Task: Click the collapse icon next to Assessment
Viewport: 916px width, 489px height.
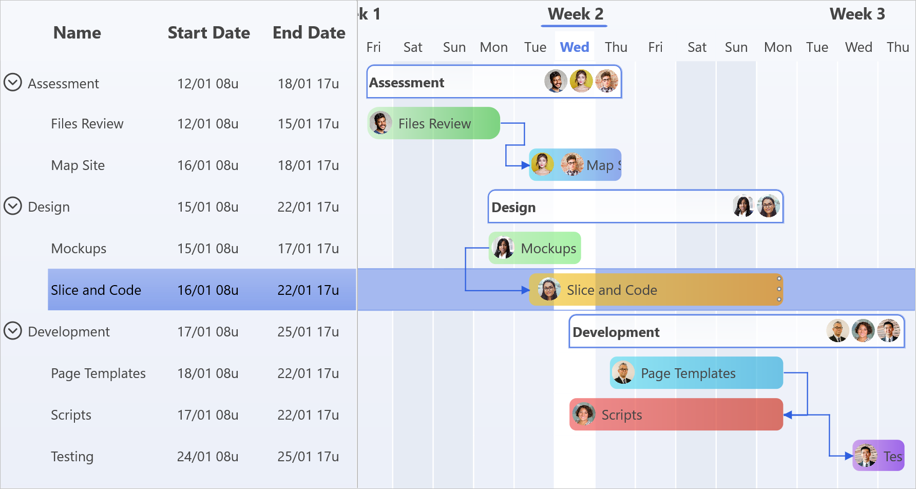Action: (13, 82)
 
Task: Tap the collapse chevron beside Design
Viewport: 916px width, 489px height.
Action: (13, 206)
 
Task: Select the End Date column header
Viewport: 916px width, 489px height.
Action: (309, 33)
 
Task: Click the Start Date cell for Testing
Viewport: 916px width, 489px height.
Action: (207, 457)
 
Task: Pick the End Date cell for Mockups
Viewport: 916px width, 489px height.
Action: (308, 249)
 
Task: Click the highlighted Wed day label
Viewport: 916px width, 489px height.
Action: (574, 47)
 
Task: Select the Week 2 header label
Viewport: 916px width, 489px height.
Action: (575, 14)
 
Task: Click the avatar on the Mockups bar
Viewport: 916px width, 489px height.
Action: (503, 248)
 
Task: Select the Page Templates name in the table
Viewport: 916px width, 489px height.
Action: (98, 373)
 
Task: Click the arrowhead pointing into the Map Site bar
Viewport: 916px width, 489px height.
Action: (525, 165)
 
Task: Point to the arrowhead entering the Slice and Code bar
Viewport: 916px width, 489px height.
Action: (525, 290)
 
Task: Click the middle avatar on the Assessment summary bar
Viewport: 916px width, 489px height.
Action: (581, 81)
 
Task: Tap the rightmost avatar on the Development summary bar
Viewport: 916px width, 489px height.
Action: (888, 331)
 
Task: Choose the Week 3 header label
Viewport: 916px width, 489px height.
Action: (857, 14)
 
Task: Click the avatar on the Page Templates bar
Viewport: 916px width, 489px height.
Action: (623, 373)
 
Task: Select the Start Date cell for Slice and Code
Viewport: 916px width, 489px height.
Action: (207, 290)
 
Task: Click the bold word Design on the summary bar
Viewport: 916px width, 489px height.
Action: (513, 208)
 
